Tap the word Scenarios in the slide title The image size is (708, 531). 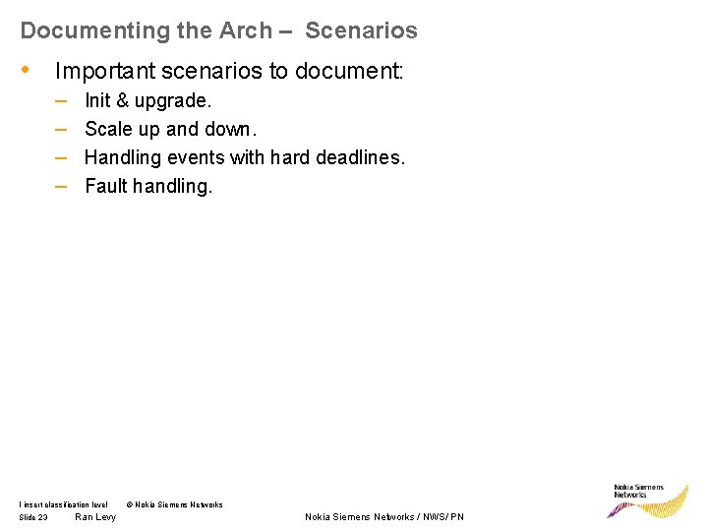361,30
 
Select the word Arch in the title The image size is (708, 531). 246,30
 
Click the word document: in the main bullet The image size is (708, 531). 360,71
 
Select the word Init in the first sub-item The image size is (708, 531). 98,100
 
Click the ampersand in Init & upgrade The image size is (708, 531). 122,100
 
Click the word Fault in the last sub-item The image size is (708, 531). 106,186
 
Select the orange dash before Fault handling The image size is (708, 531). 61,186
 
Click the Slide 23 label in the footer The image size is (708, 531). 33,517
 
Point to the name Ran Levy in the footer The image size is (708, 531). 95,517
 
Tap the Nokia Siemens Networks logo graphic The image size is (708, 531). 649,501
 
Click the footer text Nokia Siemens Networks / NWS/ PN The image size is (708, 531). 384,517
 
